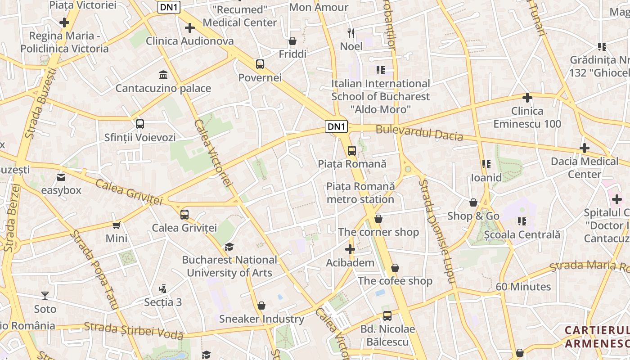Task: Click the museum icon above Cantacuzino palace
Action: coord(163,74)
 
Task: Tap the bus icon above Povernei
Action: coord(260,64)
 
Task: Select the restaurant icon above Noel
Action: coord(351,33)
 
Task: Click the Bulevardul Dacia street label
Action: coord(419,133)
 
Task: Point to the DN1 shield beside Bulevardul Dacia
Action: coord(337,127)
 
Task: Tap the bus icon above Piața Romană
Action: coord(351,150)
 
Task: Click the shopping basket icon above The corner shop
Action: coord(378,219)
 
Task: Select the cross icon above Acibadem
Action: coord(350,249)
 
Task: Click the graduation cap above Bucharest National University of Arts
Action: coord(229,247)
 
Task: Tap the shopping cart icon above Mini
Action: coord(117,225)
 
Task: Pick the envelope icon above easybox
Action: coord(61,177)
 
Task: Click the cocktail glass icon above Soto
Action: coord(45,296)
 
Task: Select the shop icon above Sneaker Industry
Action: coord(261,306)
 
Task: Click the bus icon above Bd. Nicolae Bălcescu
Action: coord(387,315)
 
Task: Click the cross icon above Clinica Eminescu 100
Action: coord(527,97)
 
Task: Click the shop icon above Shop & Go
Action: coord(473,202)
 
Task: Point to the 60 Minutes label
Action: coord(523,287)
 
